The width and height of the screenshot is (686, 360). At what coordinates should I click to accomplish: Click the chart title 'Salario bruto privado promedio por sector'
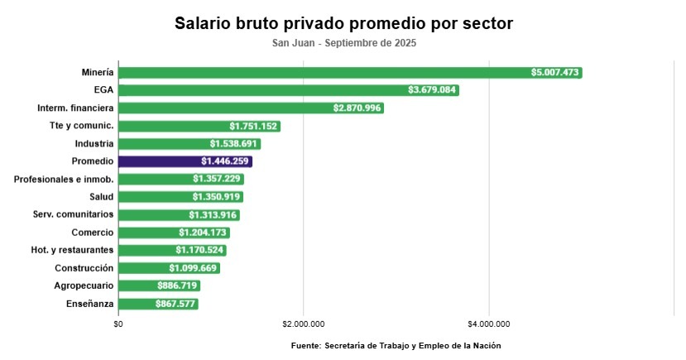[343, 23]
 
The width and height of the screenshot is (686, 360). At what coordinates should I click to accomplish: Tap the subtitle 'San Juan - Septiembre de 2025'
[343, 43]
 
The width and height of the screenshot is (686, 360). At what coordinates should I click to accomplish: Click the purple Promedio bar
[185, 161]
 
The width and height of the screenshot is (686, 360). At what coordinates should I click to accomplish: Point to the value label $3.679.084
[433, 90]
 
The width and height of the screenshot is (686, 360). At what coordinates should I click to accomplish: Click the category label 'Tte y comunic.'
[81, 126]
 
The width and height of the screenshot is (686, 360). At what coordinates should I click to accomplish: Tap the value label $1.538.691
[236, 144]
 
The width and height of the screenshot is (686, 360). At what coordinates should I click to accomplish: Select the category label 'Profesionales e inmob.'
[64, 179]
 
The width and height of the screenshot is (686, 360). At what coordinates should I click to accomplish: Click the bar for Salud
[180, 197]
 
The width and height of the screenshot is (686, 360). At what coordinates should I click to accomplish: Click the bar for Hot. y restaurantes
[172, 250]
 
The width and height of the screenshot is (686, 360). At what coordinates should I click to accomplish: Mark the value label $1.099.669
[194, 268]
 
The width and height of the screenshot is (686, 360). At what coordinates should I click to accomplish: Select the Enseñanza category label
[89, 304]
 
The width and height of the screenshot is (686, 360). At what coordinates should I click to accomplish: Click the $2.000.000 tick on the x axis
[304, 324]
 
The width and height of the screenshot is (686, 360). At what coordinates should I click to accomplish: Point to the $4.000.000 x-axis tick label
[489, 324]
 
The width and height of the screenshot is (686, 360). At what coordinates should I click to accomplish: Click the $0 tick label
[118, 324]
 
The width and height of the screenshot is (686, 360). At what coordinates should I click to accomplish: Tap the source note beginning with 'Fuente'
[396, 345]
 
